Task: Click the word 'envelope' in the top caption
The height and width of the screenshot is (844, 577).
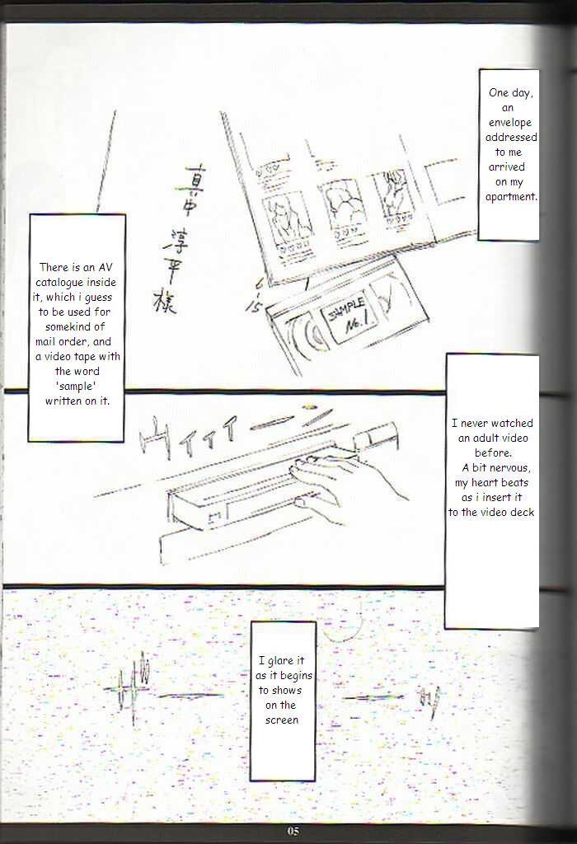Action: [x=509, y=122]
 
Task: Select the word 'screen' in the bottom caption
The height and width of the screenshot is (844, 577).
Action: [x=282, y=720]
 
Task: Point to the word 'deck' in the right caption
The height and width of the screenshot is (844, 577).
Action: [x=521, y=512]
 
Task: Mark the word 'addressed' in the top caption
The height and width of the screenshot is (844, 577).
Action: [x=509, y=137]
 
